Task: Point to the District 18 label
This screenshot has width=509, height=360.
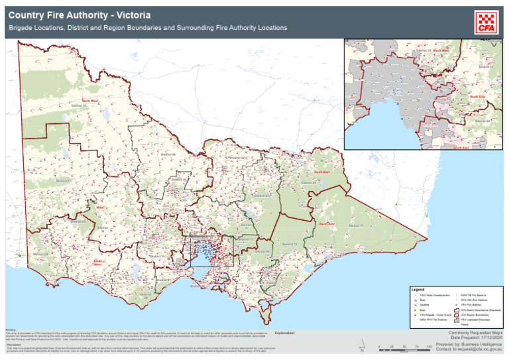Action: [79, 106]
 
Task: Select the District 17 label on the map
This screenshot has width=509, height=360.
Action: [64, 180]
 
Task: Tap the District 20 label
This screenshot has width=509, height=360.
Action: [168, 154]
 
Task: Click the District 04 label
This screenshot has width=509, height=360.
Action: [38, 253]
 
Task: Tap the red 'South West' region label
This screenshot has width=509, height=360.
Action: [97, 262]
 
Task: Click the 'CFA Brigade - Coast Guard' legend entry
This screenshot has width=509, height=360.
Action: [436, 315]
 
